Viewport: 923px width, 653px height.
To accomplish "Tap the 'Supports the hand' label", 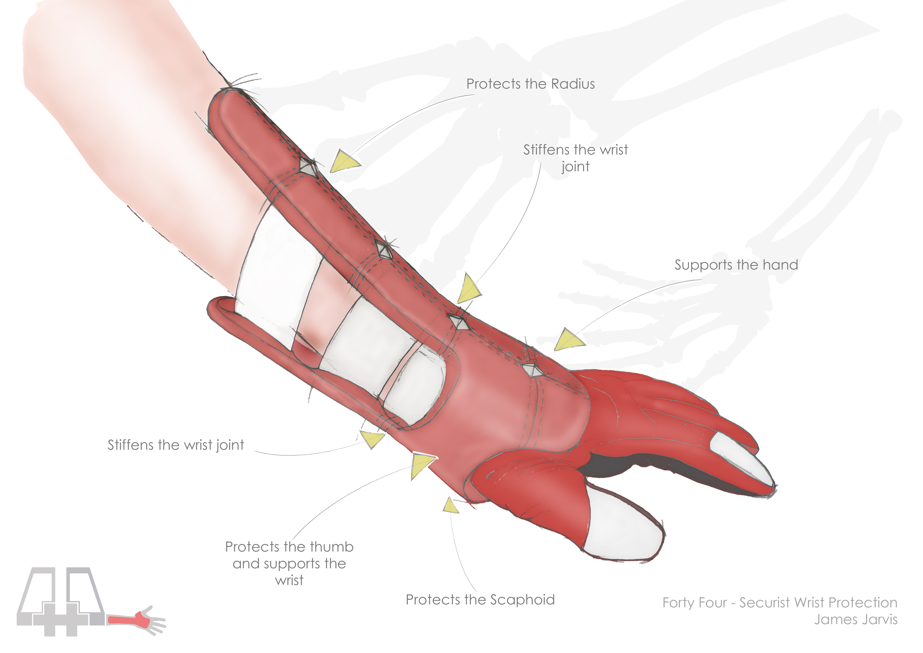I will pyautogui.click(x=736, y=265).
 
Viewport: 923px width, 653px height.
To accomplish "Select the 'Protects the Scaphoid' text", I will pyautogui.click(x=480, y=600).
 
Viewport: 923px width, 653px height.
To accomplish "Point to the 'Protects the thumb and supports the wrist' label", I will pyautogui.click(x=289, y=563).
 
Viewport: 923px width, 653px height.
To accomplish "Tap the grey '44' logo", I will pyautogui.click(x=60, y=601).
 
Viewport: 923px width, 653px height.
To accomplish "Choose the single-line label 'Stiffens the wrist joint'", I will pyautogui.click(x=176, y=445).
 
